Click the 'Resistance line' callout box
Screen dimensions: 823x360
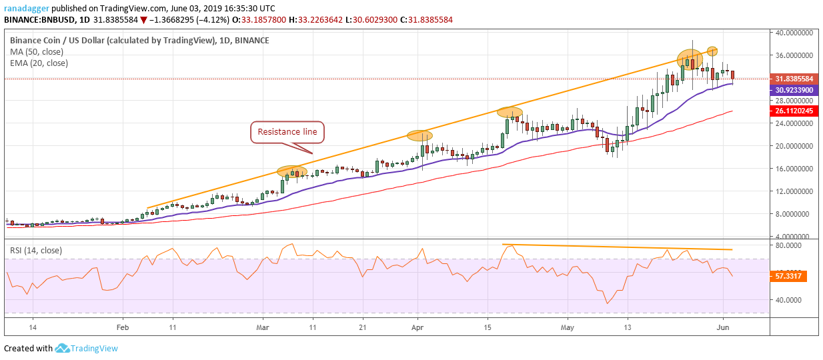click(287, 132)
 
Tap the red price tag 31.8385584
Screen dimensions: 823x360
click(794, 79)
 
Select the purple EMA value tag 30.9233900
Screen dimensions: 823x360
click(794, 90)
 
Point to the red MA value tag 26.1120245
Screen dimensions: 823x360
click(794, 111)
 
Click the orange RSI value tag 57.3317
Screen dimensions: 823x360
click(788, 276)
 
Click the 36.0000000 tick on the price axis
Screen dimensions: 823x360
click(794, 55)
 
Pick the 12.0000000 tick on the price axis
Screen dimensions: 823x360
click(794, 191)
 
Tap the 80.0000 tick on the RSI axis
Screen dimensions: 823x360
click(788, 245)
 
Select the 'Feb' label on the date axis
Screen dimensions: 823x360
click(122, 327)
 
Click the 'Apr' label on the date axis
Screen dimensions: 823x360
click(418, 327)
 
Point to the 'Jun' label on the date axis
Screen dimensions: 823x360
click(723, 327)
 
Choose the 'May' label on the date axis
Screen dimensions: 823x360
click(568, 327)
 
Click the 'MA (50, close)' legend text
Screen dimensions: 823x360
click(37, 52)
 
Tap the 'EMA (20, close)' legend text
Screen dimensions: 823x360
click(39, 63)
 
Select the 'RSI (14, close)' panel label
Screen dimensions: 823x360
click(35, 251)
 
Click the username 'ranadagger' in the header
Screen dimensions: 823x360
click(27, 9)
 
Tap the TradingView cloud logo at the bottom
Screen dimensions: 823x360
click(62, 348)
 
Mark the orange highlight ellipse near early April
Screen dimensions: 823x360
click(420, 135)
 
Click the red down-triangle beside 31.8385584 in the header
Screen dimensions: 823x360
click(143, 20)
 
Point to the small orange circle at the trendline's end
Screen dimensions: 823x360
click(712, 51)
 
